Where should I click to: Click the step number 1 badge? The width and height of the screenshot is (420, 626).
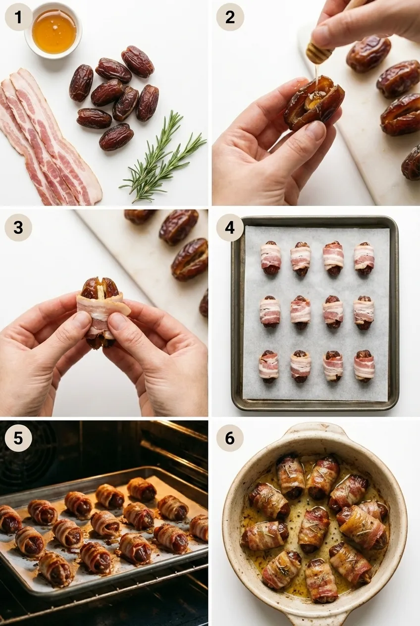click(18, 17)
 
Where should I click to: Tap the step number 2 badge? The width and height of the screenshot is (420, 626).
click(230, 17)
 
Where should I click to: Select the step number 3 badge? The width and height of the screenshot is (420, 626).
click(18, 227)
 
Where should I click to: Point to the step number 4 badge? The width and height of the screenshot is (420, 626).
click(230, 227)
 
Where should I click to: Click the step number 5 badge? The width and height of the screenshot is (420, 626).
click(18, 438)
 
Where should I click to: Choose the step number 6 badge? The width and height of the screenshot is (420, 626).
click(230, 438)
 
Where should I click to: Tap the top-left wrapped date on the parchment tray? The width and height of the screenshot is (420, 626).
click(270, 258)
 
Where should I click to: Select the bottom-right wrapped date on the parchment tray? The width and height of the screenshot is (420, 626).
click(364, 366)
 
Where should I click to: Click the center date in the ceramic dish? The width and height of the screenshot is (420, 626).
click(314, 529)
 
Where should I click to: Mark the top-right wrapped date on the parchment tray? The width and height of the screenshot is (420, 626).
click(364, 258)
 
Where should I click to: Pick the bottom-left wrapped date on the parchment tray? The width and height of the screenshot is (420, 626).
click(268, 366)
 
